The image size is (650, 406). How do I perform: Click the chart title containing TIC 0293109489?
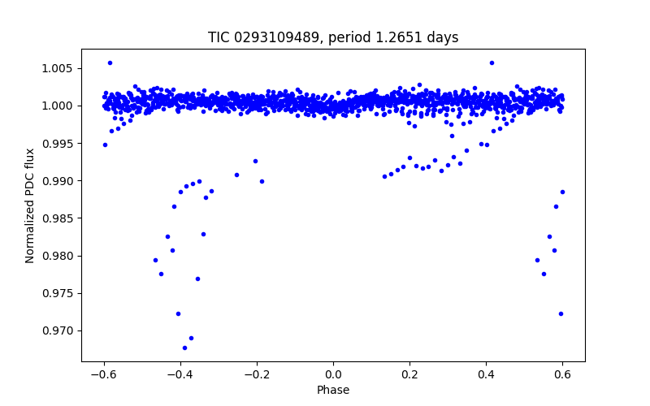(x=333, y=37)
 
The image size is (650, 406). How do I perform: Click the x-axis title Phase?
(x=333, y=390)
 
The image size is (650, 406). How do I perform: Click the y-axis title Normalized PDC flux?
(x=30, y=205)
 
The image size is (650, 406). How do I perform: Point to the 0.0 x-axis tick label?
(x=333, y=374)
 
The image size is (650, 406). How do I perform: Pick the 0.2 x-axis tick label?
(x=409, y=374)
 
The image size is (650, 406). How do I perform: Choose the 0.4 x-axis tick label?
(x=486, y=374)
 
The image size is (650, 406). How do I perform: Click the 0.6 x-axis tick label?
(x=562, y=374)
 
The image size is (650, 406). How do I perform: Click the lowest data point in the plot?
(x=184, y=348)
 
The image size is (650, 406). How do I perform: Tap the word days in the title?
(x=443, y=37)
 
